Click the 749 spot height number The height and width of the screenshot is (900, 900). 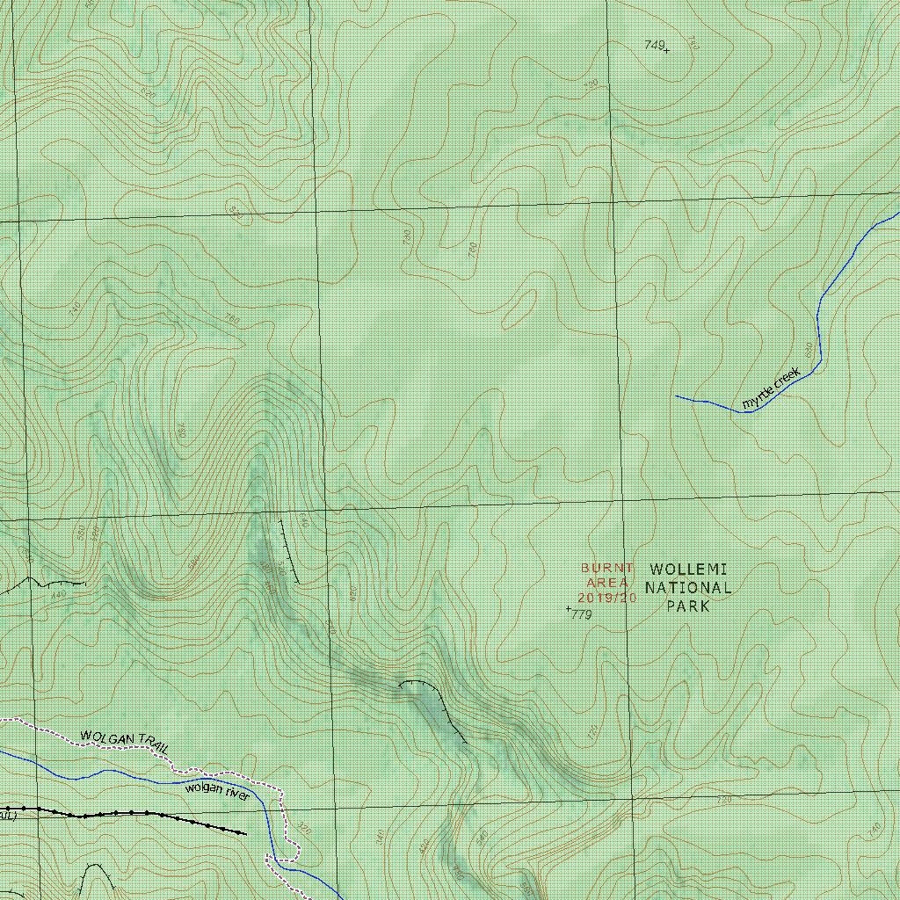click(x=653, y=44)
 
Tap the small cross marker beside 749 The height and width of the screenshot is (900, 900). click(x=667, y=50)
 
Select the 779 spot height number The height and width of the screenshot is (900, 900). click(x=582, y=615)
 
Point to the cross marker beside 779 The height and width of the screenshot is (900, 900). click(x=569, y=608)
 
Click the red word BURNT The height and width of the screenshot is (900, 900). click(x=606, y=568)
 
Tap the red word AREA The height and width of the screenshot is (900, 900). click(x=606, y=583)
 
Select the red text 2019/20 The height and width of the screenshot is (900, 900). click(x=606, y=598)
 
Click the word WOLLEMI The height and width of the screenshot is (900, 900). click(x=688, y=570)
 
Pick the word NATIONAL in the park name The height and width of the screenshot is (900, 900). click(x=688, y=588)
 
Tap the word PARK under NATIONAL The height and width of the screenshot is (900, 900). click(x=687, y=606)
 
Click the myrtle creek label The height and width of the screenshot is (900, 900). click(x=771, y=388)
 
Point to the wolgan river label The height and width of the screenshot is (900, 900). click(x=217, y=791)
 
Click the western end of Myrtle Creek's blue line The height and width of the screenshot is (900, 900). click(x=676, y=396)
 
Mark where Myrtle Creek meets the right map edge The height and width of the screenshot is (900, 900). click(x=897, y=214)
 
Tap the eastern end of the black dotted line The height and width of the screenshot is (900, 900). click(x=244, y=833)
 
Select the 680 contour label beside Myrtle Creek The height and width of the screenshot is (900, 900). click(x=809, y=349)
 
